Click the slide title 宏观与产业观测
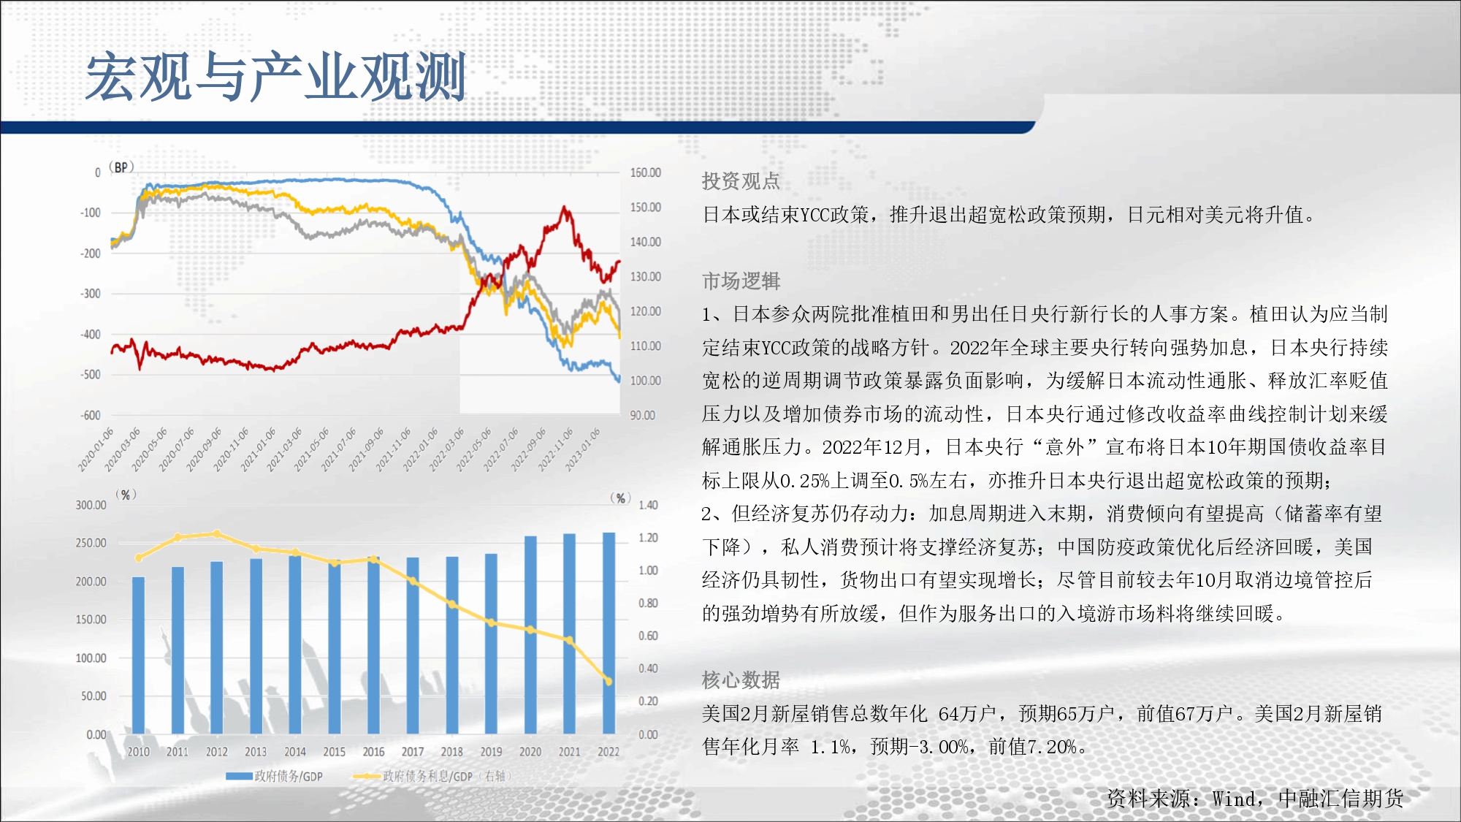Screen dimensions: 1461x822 click(276, 77)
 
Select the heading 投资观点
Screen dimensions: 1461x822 click(741, 181)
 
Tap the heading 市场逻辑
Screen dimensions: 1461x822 click(741, 281)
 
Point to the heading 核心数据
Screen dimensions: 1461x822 click(741, 680)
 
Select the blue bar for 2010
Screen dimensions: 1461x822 click(138, 655)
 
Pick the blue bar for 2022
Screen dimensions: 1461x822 click(609, 633)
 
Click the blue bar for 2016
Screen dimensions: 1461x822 click(373, 645)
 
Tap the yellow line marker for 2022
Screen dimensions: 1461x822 click(608, 681)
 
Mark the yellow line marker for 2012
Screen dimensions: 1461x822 click(216, 534)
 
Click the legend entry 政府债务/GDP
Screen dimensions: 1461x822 click(275, 776)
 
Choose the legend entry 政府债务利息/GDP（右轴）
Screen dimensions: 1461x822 click(432, 776)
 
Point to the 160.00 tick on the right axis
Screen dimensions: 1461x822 click(645, 172)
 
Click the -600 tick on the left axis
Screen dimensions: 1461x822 click(91, 415)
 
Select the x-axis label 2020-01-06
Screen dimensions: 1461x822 click(96, 449)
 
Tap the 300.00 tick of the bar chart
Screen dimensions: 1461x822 click(91, 505)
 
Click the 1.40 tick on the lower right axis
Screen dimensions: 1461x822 click(648, 505)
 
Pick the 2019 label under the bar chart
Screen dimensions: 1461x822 click(491, 751)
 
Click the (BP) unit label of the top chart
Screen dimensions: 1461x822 click(121, 167)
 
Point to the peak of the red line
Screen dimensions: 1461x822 click(565, 208)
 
